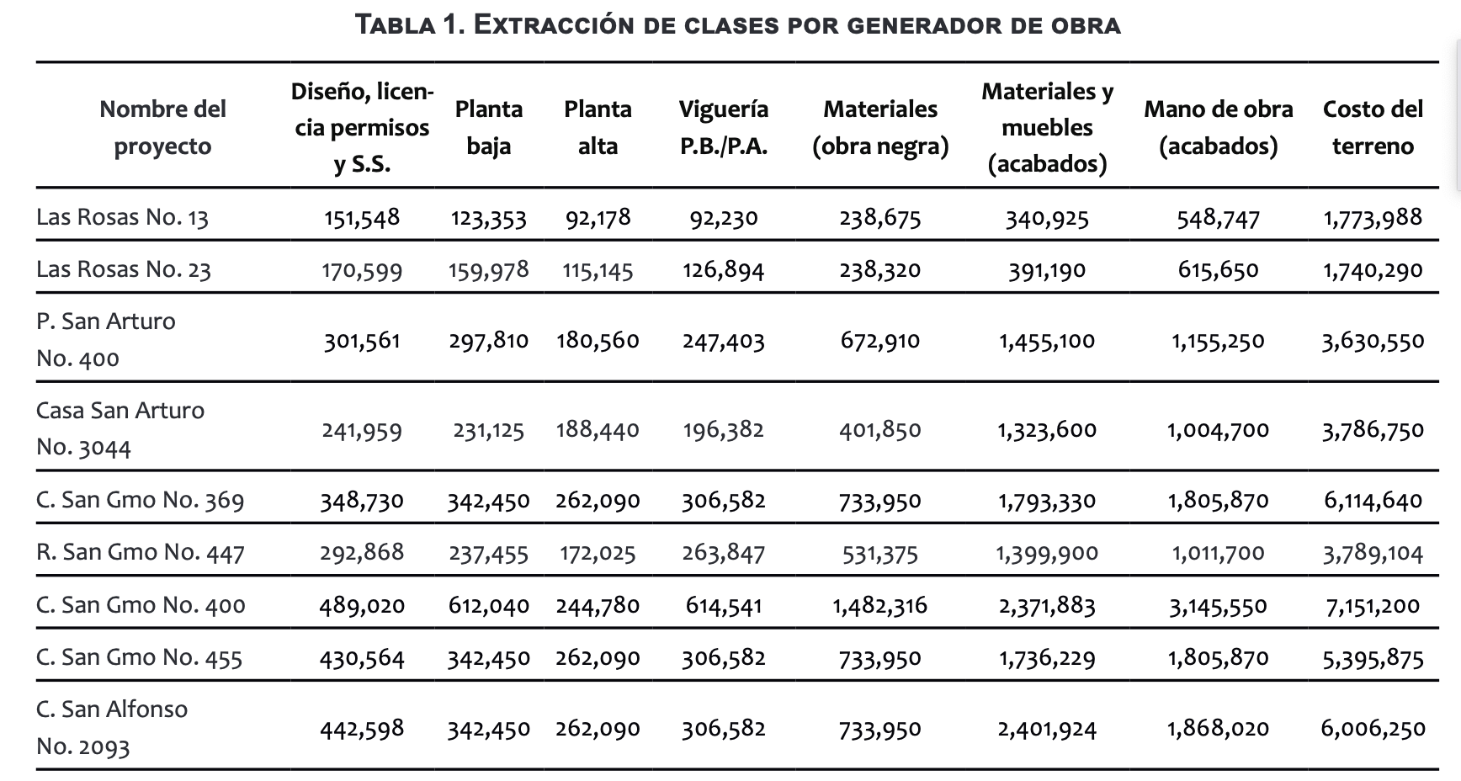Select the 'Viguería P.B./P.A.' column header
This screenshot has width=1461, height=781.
pos(723,127)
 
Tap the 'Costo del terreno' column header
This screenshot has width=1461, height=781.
pos(1373,127)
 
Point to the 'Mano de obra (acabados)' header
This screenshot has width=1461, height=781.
pos(1218,127)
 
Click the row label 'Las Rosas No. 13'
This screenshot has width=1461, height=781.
pos(122,217)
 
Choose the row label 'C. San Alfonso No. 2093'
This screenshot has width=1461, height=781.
pos(112,727)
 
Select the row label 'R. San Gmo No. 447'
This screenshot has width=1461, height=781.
pos(141,552)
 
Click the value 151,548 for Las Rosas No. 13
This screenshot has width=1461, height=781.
pos(362,217)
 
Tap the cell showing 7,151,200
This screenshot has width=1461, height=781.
pos(1373,605)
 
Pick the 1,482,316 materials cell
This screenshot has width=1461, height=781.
pos(879,605)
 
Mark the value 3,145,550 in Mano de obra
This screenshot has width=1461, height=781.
pos(1218,605)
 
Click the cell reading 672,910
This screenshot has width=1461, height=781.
pos(879,340)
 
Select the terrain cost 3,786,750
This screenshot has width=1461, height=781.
pos(1373,429)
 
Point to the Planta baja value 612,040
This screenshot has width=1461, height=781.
pos(488,605)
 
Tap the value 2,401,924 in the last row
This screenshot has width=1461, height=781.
pos(1047,728)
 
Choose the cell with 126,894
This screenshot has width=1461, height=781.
pos(723,269)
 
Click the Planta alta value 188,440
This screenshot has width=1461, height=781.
pos(598,429)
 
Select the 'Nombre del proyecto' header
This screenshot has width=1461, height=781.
pos(162,127)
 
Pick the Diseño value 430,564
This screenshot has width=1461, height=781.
pos(362,657)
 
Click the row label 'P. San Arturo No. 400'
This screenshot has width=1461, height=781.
pos(106,340)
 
